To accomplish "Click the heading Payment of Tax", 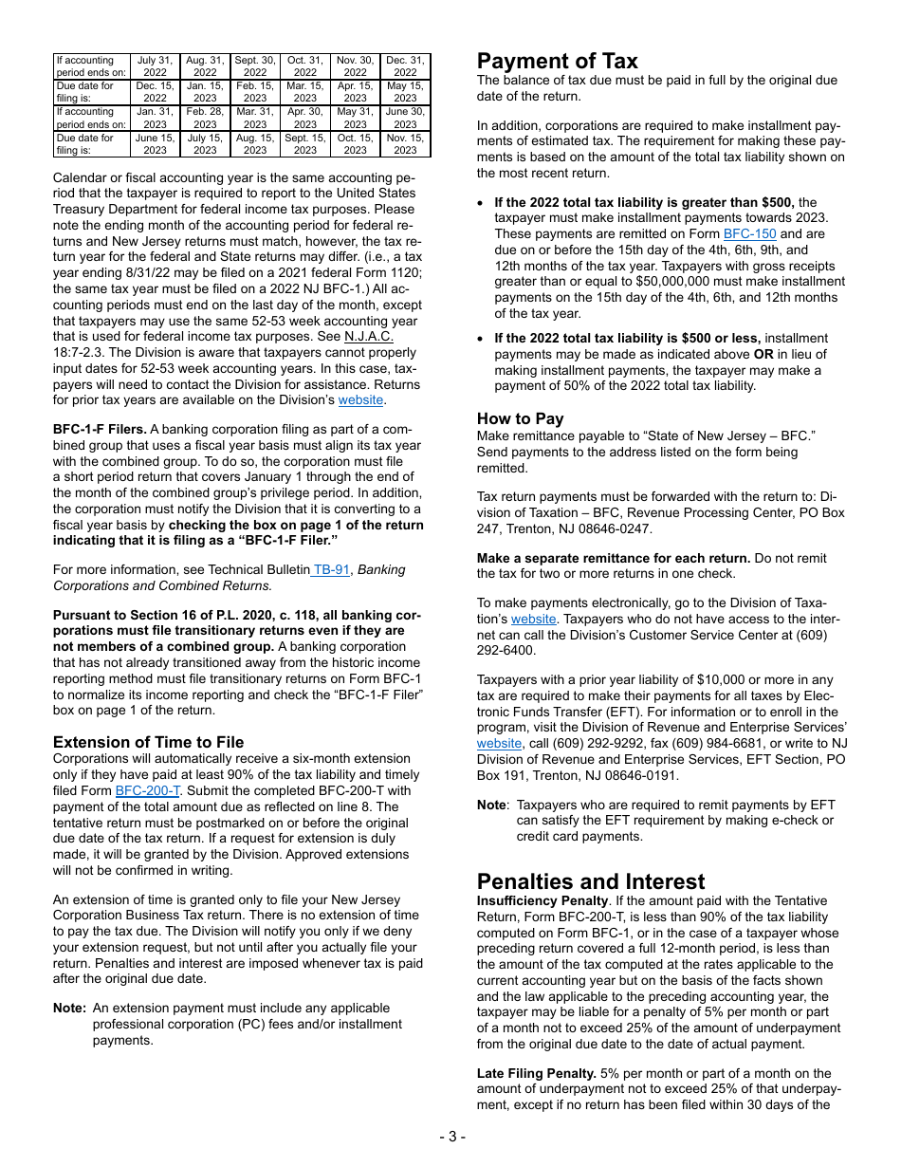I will [x=557, y=62].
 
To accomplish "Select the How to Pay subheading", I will [x=520, y=418].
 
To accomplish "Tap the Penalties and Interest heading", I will [x=591, y=881].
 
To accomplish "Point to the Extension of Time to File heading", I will [x=148, y=742].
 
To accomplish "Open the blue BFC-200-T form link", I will [x=147, y=790].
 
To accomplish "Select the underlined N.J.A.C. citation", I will [x=369, y=337].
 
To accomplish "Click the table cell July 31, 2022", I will [x=155, y=66].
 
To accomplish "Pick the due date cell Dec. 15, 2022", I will [x=155, y=92].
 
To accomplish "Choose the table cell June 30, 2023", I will [x=405, y=118].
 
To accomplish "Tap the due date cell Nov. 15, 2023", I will [x=405, y=144].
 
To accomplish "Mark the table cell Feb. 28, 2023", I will [x=205, y=118].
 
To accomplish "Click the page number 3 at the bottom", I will [x=451, y=1137].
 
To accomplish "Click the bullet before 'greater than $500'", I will [x=482, y=203].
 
